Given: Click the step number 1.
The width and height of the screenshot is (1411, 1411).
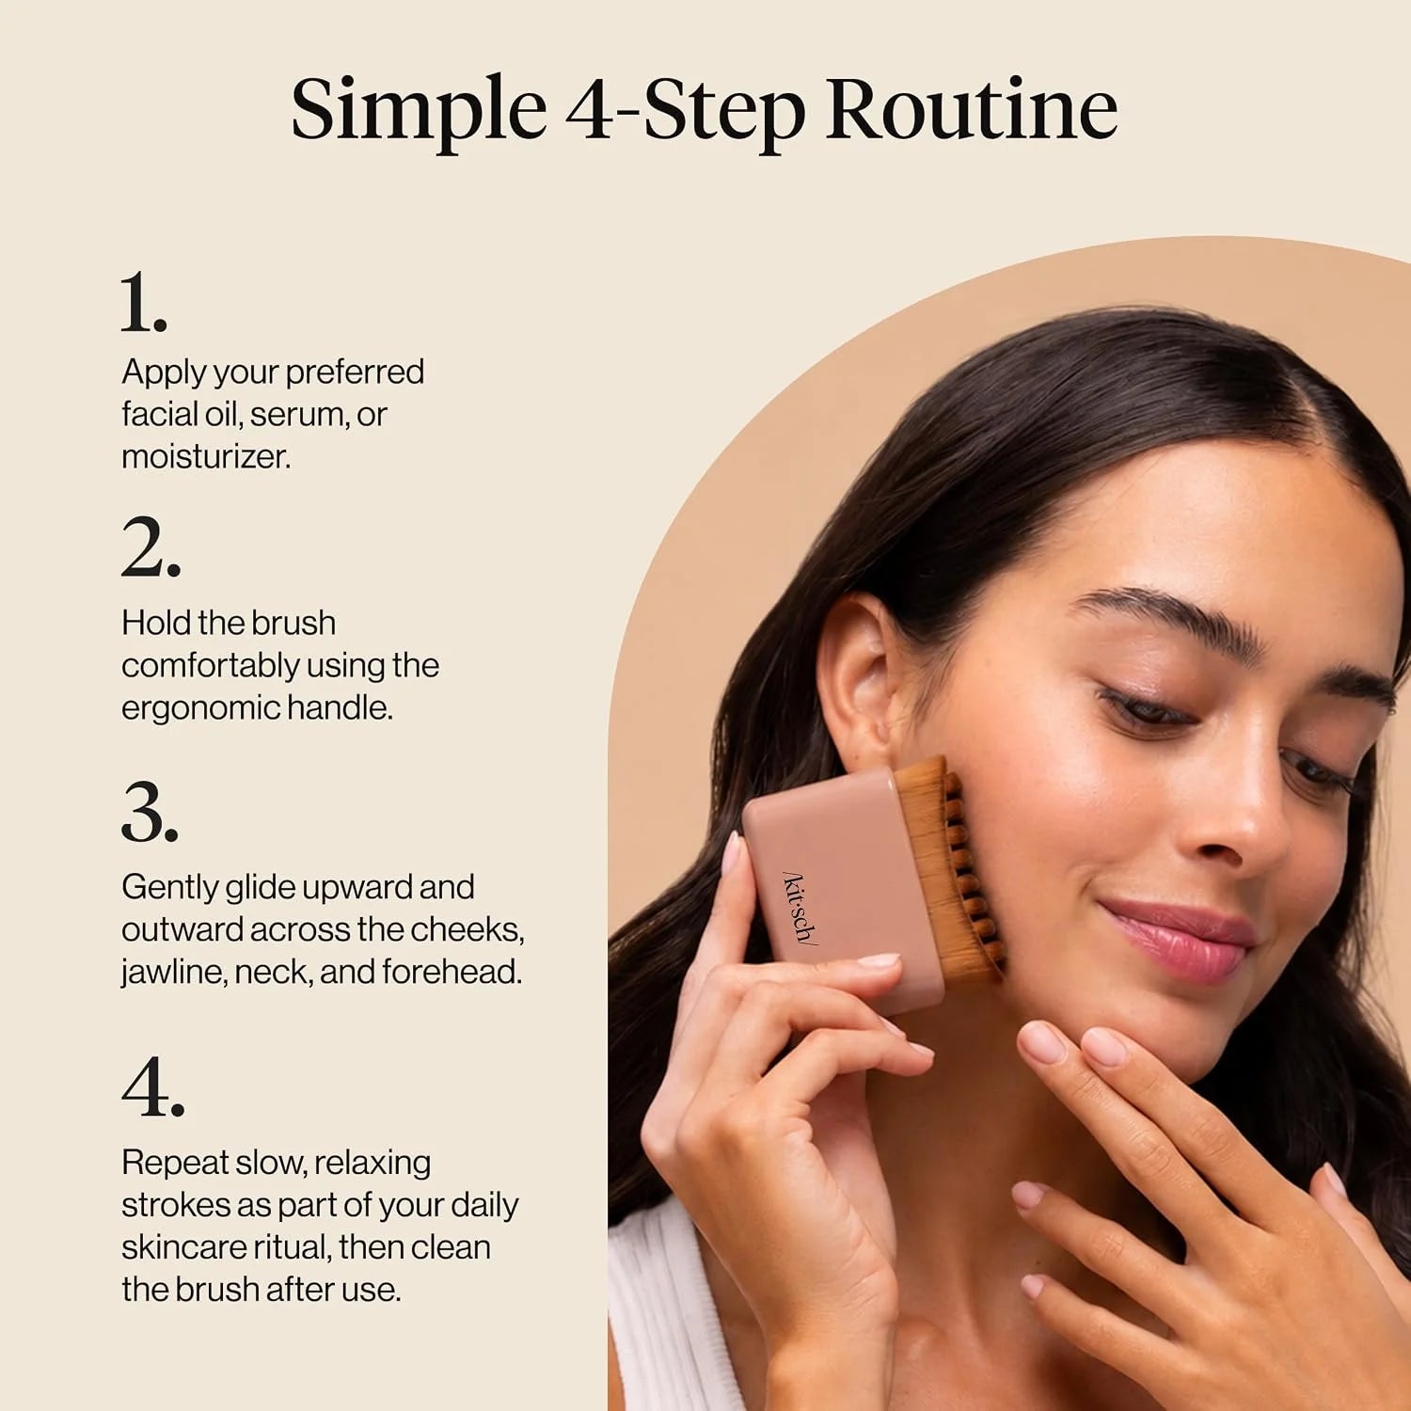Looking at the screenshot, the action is [143, 302].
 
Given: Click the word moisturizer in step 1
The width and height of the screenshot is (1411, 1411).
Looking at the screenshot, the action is [206, 456].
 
